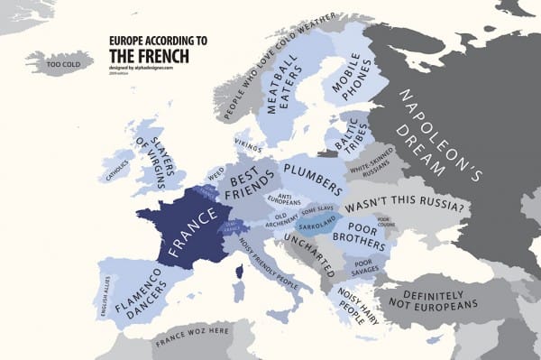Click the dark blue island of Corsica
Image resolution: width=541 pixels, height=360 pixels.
coord(239,271)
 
